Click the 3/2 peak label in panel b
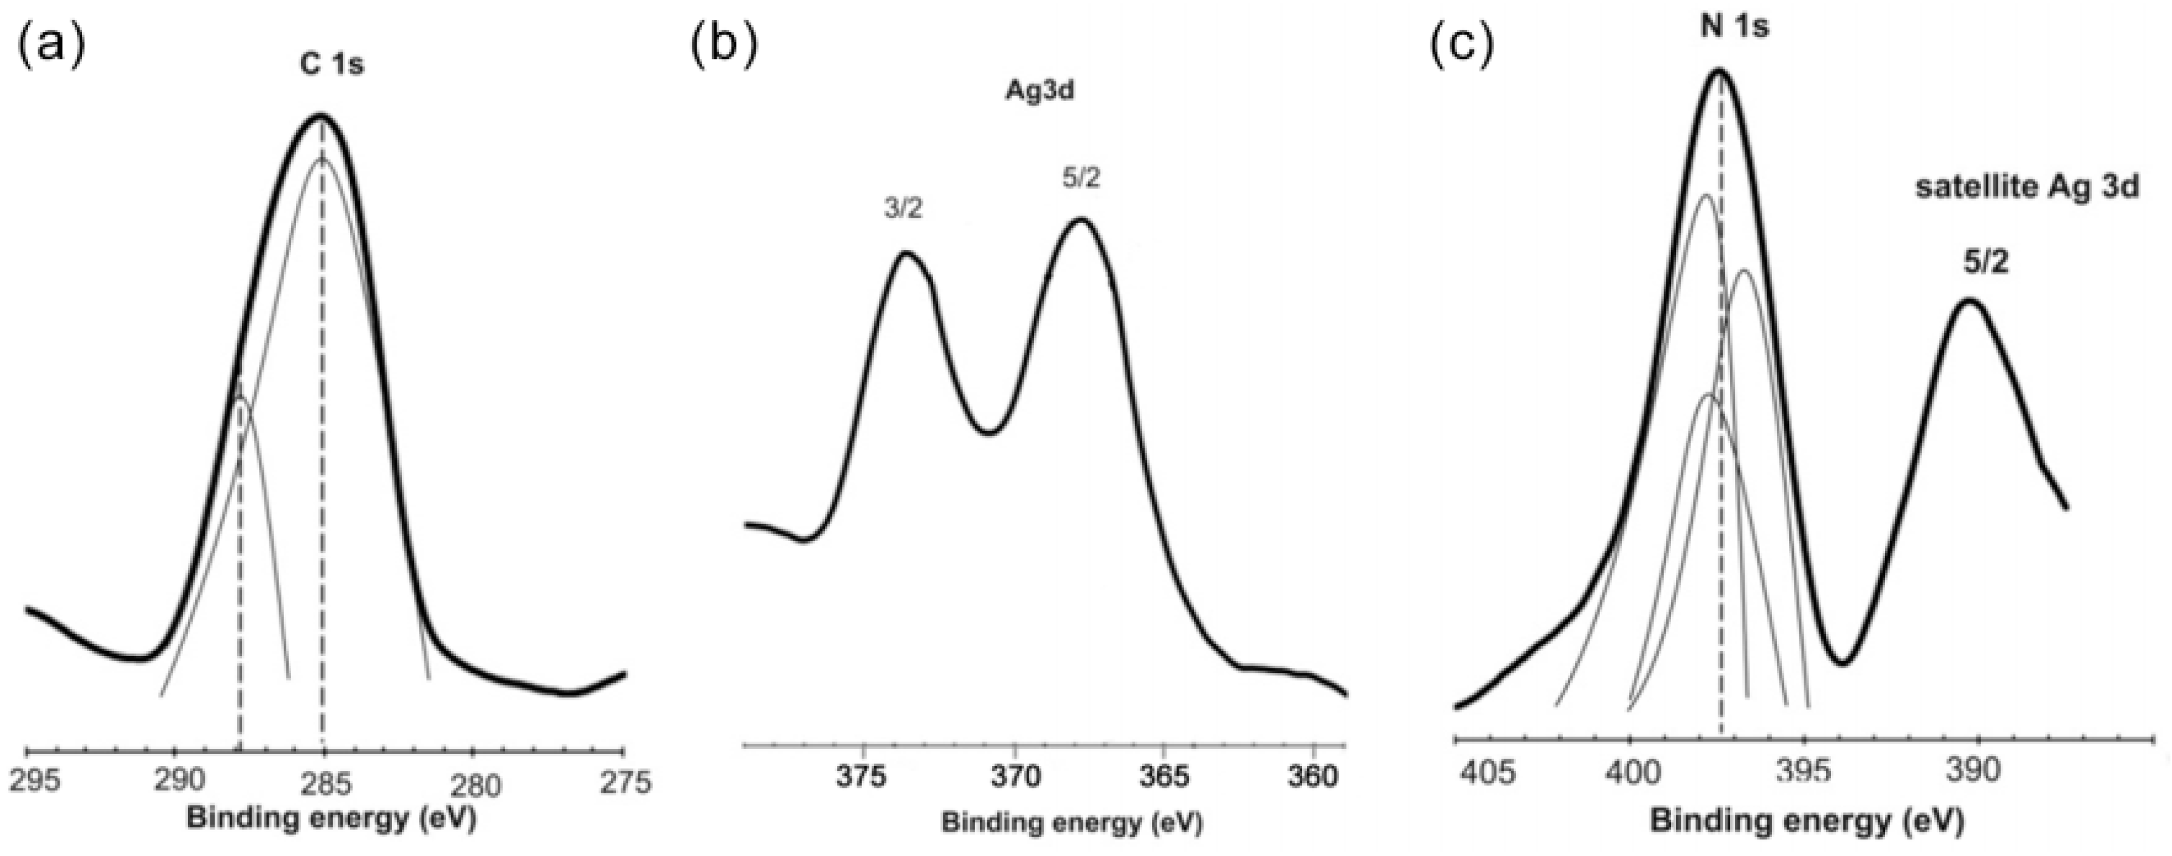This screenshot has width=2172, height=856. coord(903,209)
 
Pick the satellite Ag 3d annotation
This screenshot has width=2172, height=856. coord(2026,187)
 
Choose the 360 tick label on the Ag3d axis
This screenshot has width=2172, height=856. coord(1314,777)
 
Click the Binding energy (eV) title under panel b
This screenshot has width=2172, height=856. coord(1072,823)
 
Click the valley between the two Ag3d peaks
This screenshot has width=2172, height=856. coord(991,433)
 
